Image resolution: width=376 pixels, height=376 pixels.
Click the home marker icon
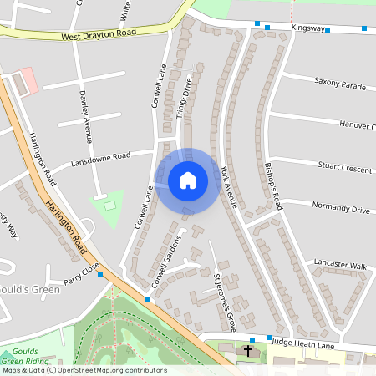pos(188,180)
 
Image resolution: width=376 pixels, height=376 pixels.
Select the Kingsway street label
pos(307,28)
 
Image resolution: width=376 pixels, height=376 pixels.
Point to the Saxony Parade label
pos(340,84)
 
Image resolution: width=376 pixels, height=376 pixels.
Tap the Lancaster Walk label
pos(340,265)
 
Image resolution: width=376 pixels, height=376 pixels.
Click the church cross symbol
pos(250,352)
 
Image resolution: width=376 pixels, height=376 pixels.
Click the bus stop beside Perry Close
pos(99,273)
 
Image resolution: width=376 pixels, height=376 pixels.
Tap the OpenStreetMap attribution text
pos(84,370)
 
